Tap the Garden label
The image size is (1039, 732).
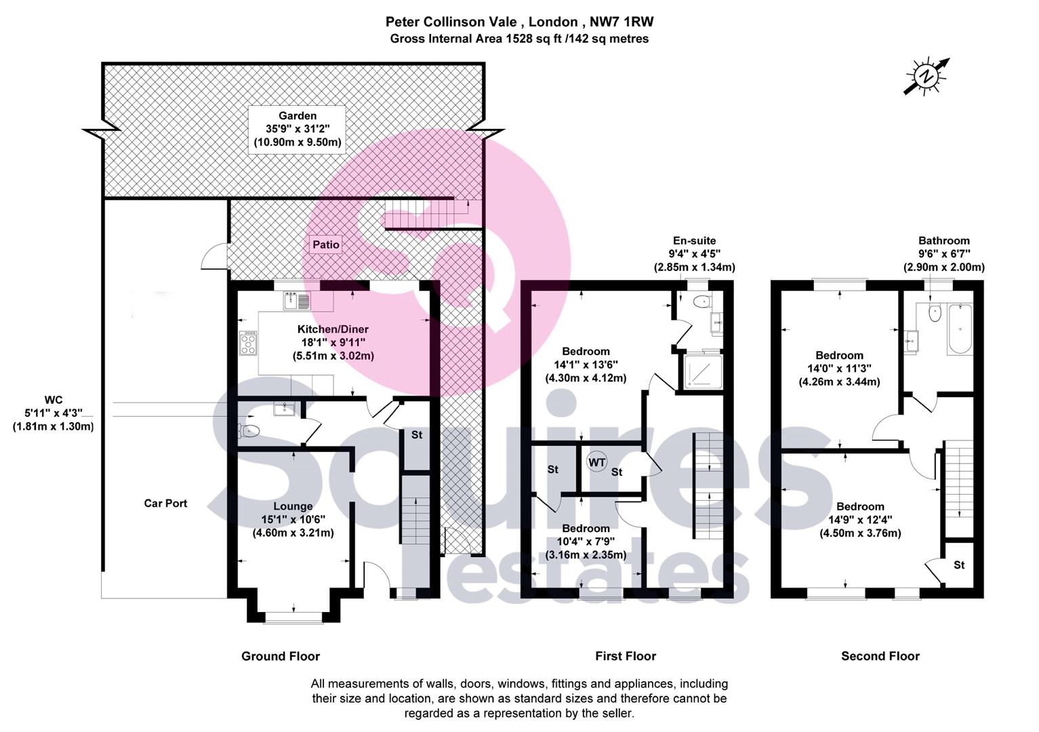[x=298, y=116]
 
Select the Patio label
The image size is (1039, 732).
[x=325, y=245]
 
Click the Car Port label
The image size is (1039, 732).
[x=165, y=504]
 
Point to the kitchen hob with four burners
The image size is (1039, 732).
[x=248, y=343]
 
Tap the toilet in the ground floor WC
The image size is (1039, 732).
[x=248, y=431]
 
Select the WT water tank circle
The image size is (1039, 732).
[x=596, y=462]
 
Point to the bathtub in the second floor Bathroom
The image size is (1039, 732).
[x=960, y=329]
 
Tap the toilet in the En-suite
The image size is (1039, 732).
[x=702, y=302]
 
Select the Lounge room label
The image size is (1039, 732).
[x=293, y=506]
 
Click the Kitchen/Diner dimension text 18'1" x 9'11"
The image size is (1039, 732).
[x=333, y=342]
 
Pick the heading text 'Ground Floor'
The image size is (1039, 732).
[x=281, y=656]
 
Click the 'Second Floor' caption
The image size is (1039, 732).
[x=880, y=656]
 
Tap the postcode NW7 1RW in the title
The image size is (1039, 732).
[x=622, y=22]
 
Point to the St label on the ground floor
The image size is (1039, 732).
[x=417, y=434]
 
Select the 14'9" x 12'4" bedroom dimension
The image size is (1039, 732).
[x=860, y=520]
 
